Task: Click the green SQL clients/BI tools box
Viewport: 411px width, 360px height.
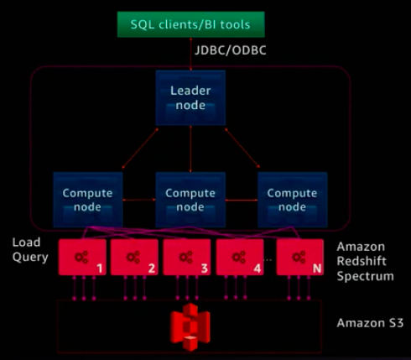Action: point(191,24)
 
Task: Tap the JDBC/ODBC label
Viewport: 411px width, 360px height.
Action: point(231,50)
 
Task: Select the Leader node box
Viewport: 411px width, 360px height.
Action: point(190,97)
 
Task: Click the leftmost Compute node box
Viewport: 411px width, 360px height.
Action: point(88,200)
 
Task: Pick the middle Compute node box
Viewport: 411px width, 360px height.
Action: point(190,200)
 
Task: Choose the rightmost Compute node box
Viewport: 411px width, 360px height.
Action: point(293,200)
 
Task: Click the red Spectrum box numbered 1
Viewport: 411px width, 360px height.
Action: point(82,257)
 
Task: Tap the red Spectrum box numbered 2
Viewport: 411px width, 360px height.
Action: point(134,257)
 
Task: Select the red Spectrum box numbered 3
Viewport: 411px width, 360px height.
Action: point(187,257)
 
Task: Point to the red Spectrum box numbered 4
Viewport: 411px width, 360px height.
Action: point(240,257)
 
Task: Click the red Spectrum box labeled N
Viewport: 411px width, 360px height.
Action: point(300,257)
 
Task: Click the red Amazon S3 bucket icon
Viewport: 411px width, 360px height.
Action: point(190,326)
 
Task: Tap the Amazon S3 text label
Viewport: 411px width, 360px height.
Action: point(370,323)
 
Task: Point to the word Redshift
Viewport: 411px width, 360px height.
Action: point(362,261)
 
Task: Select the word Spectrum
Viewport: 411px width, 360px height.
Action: point(365,276)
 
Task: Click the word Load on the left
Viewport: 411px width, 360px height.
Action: point(26,243)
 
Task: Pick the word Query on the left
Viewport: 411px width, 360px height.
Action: point(30,258)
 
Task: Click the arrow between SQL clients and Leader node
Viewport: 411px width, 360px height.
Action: point(191,54)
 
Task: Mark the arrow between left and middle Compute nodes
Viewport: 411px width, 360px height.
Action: point(139,200)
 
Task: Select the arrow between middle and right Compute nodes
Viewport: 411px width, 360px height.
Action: point(242,200)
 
